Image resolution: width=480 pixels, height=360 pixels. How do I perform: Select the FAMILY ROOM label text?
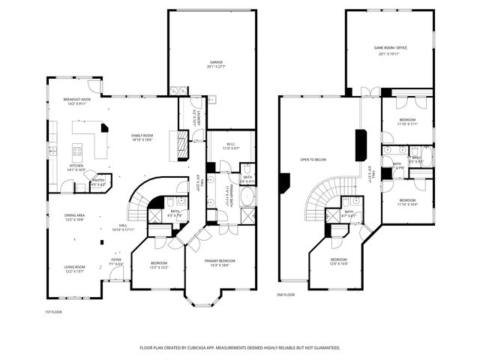[x=142, y=136]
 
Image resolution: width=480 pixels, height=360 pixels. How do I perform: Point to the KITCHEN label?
[x=76, y=167]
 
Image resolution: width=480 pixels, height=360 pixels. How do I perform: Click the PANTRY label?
[x=98, y=181]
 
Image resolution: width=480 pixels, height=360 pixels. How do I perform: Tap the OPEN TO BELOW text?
[x=313, y=160]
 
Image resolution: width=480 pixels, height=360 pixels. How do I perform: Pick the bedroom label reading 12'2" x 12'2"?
[x=158, y=264]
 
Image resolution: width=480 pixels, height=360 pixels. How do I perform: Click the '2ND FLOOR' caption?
[x=286, y=295]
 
